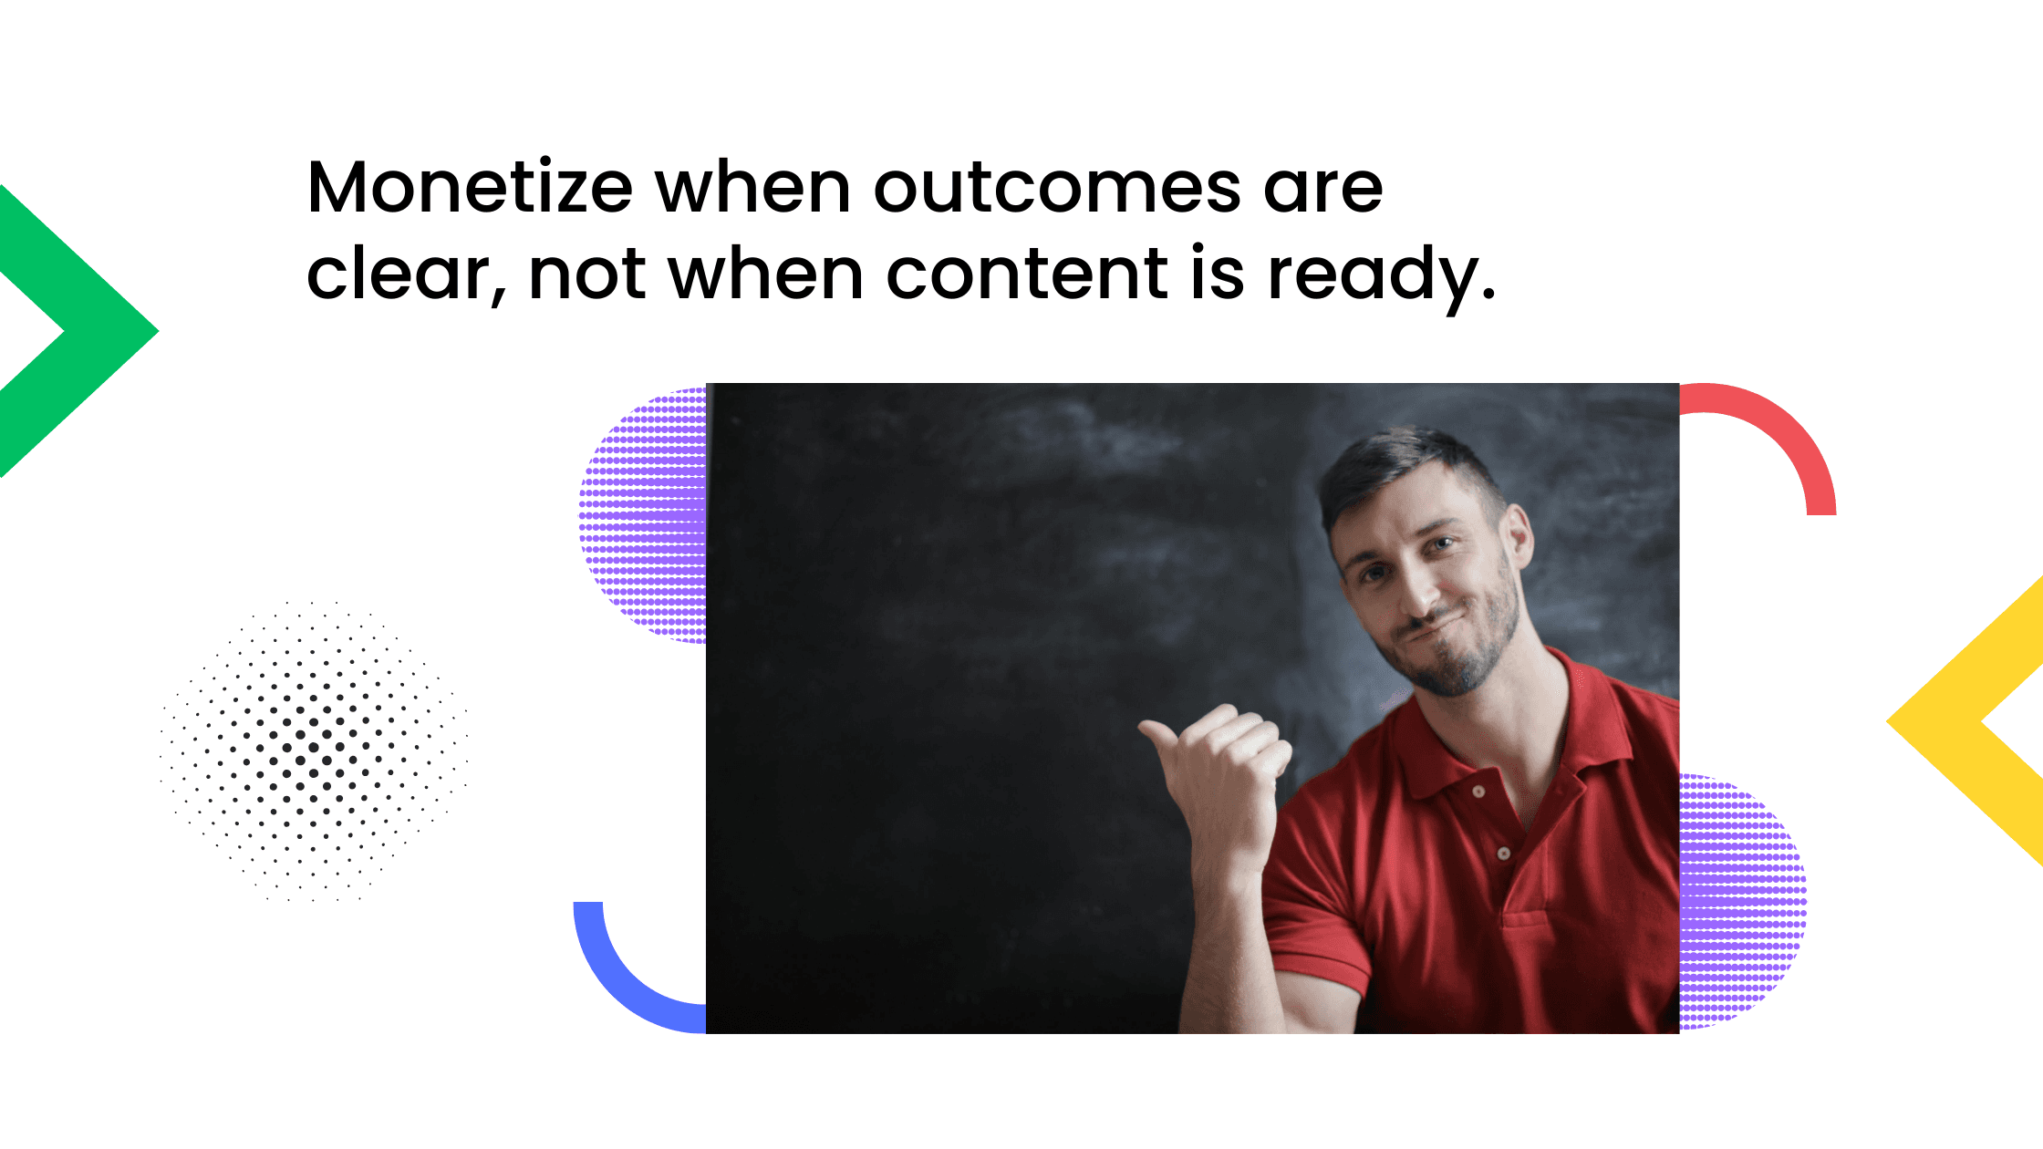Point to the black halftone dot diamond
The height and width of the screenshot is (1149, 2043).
click(314, 750)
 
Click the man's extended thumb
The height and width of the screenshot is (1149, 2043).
click(1163, 734)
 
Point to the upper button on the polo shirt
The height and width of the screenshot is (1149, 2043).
click(1478, 792)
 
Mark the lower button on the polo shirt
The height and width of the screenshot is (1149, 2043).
click(1504, 854)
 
